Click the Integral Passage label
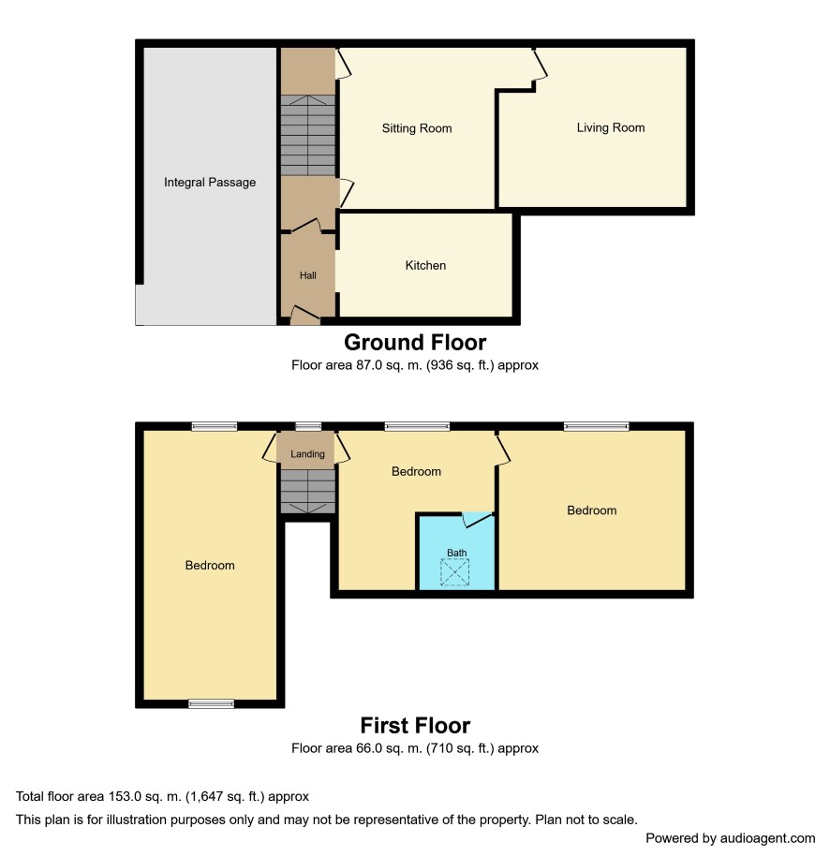pos(210,183)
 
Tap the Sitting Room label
pos(417,128)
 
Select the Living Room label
pos(611,128)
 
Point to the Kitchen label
pos(425,266)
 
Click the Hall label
pos(308,275)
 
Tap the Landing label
pos(307,454)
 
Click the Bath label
pos(456,553)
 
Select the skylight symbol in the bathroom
pos(455,572)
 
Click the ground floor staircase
pos(308,135)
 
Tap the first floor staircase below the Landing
pos(308,492)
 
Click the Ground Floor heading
pos(415,343)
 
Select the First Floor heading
pos(415,726)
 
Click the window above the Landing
pos(308,426)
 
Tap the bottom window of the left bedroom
pos(211,704)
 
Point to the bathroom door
pos(477,519)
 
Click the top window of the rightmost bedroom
pos(597,426)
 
